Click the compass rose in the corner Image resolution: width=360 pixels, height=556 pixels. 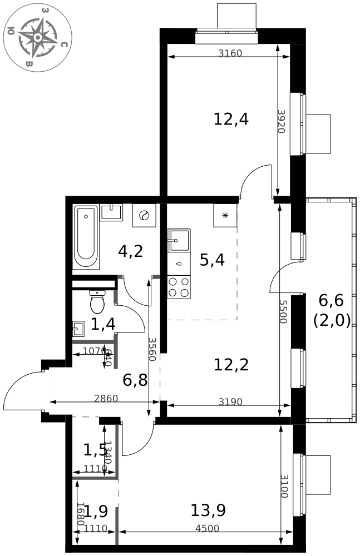37,37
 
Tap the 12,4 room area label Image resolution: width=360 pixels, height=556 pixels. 231,119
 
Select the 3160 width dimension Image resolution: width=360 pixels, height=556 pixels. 230,54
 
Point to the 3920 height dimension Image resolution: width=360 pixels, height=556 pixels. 281,121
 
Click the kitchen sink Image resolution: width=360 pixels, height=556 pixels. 179,241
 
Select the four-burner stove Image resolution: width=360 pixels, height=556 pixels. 179,286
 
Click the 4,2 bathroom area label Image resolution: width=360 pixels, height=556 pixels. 131,251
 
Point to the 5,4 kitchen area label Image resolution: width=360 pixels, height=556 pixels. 212,259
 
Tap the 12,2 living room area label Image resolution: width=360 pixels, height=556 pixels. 231,365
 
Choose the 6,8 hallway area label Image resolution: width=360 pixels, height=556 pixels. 135,380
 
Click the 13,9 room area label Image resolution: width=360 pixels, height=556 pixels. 208,509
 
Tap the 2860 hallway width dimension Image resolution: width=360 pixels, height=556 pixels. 106,399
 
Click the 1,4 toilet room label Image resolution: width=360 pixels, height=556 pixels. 103,324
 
